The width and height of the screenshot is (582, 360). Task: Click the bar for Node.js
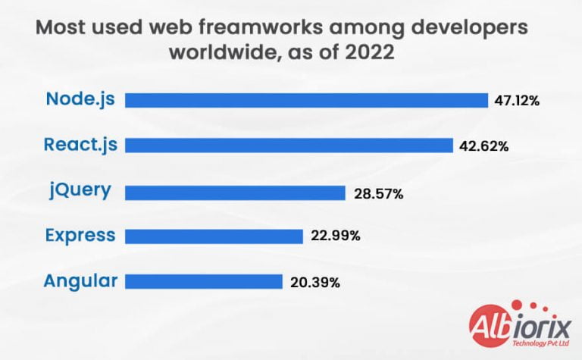pos(306,100)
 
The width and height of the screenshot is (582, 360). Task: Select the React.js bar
pos(289,146)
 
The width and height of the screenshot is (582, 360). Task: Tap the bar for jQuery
pos(235,193)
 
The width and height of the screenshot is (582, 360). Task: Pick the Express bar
pos(214,236)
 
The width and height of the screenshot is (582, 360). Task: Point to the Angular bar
pos(203,282)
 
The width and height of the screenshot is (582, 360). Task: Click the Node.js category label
pos(80,99)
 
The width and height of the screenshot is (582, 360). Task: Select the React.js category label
pos(81,145)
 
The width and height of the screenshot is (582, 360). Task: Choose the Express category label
pos(80,235)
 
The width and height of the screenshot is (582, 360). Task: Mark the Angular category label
pos(80,281)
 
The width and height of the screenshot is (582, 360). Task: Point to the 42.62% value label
pos(483,146)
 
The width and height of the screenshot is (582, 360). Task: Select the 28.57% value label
pos(378,193)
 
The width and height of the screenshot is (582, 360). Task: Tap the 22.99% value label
pos(335,236)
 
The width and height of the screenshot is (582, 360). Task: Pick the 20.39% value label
pos(314,283)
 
